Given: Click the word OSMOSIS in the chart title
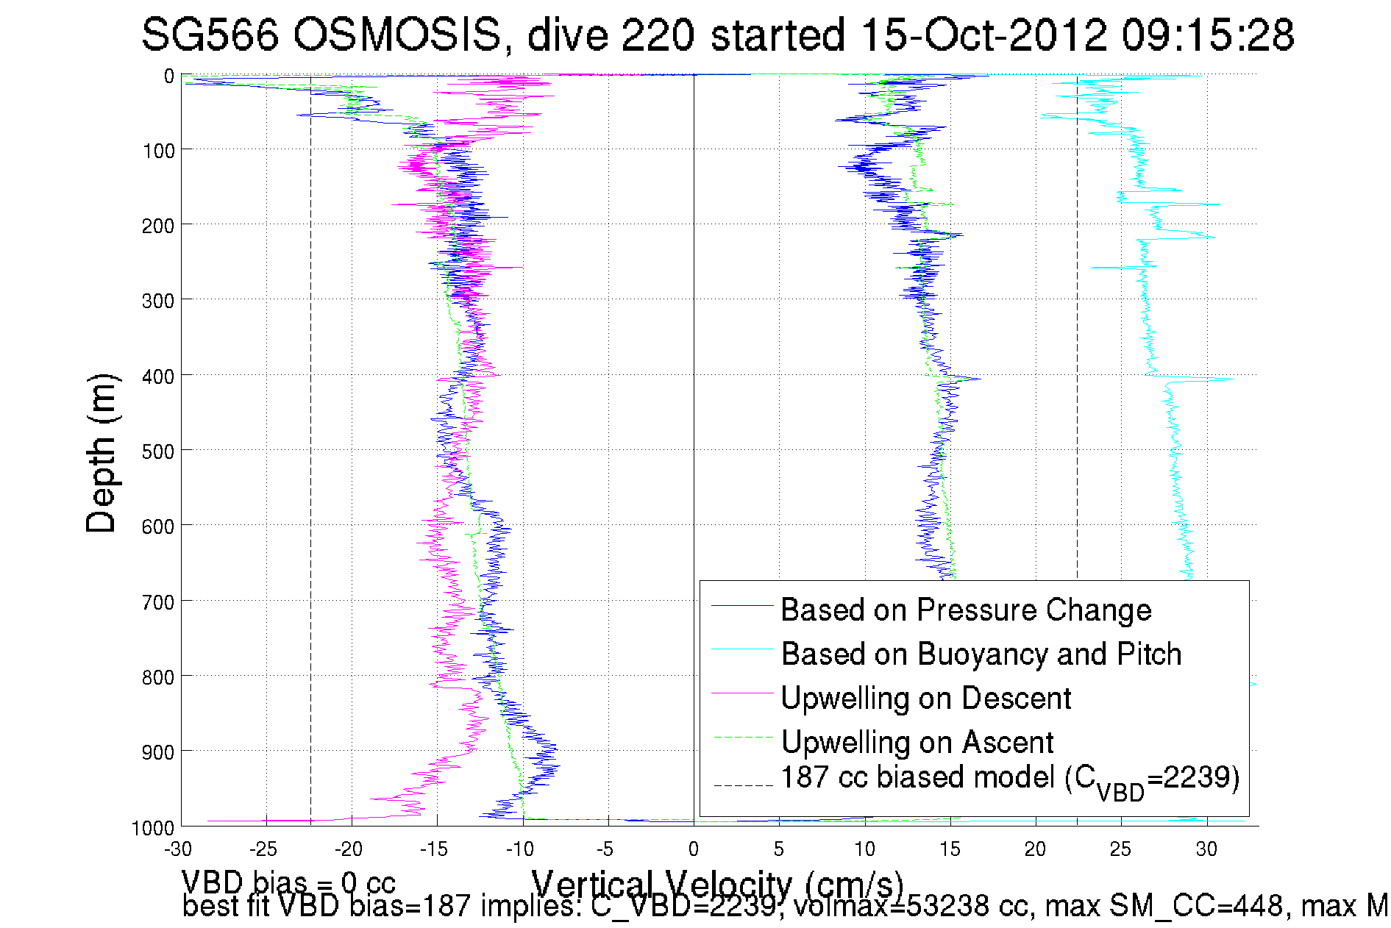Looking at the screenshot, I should coord(397,35).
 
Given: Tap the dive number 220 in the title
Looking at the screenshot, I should coord(658,35).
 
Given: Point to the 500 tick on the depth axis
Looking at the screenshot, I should coord(158,451).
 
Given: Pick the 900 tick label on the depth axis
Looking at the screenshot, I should coord(158,752).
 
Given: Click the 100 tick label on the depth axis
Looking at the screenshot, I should coord(158,151).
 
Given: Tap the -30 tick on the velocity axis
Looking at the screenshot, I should coord(178,849).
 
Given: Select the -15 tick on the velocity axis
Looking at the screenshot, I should coord(435,849).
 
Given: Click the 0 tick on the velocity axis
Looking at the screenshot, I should coord(694,849).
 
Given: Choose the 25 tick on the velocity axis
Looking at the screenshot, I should coord(1121,849).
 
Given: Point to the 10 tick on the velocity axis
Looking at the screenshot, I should coord(864,849).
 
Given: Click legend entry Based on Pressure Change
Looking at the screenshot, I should coord(966,610).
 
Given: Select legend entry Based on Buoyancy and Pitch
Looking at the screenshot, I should coord(981,654).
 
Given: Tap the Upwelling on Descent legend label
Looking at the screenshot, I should coord(925,698).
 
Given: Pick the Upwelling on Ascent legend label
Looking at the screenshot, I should coord(917,742).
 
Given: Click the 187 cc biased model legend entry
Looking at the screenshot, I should coord(1009,778).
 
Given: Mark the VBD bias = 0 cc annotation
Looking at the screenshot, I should coord(288,882).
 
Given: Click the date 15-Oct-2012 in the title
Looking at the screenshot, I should coord(983,35).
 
